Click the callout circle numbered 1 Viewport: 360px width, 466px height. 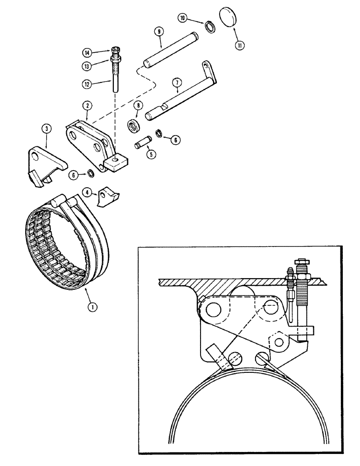click(92, 307)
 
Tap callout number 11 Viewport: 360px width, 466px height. click(240, 46)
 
